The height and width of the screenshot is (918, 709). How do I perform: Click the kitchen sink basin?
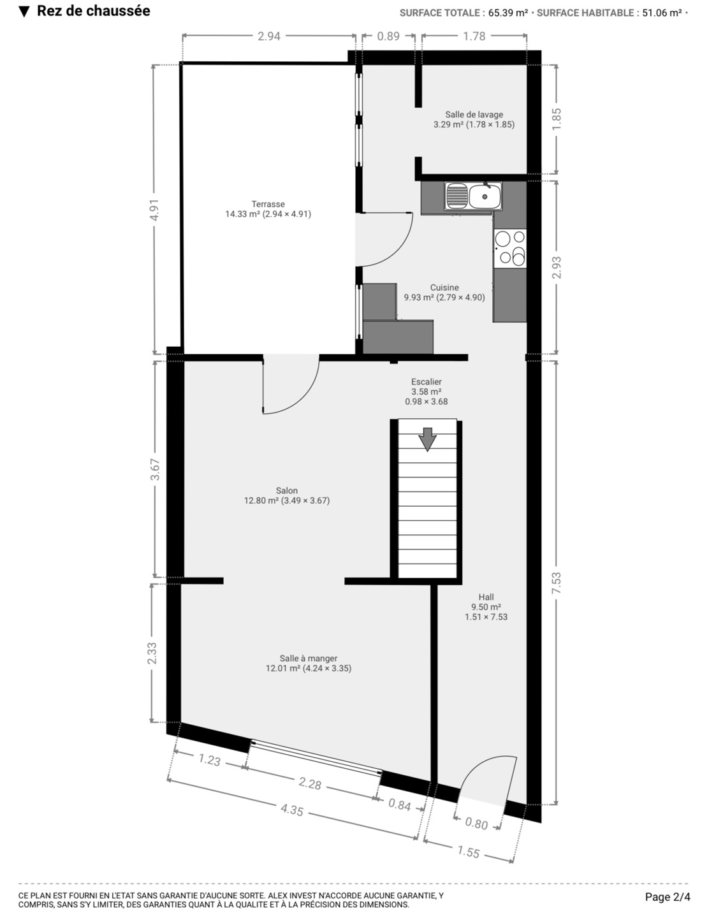[x=485, y=196]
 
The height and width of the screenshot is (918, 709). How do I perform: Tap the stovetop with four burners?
[x=510, y=249]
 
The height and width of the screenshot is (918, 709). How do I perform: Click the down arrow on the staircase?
[x=427, y=439]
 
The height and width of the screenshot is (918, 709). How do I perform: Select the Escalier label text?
[x=427, y=382]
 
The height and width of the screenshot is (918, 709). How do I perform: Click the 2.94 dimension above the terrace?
[x=269, y=36]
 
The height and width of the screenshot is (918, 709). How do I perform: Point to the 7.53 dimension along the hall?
[x=557, y=583]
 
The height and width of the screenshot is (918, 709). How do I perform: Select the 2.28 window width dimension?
[x=310, y=783]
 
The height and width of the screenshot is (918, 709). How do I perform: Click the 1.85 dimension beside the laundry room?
[x=557, y=120]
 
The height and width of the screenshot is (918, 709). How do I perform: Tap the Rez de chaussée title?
[x=93, y=11]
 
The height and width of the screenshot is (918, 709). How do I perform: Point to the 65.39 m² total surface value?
[x=508, y=13]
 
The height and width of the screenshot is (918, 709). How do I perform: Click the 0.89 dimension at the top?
[x=388, y=36]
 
